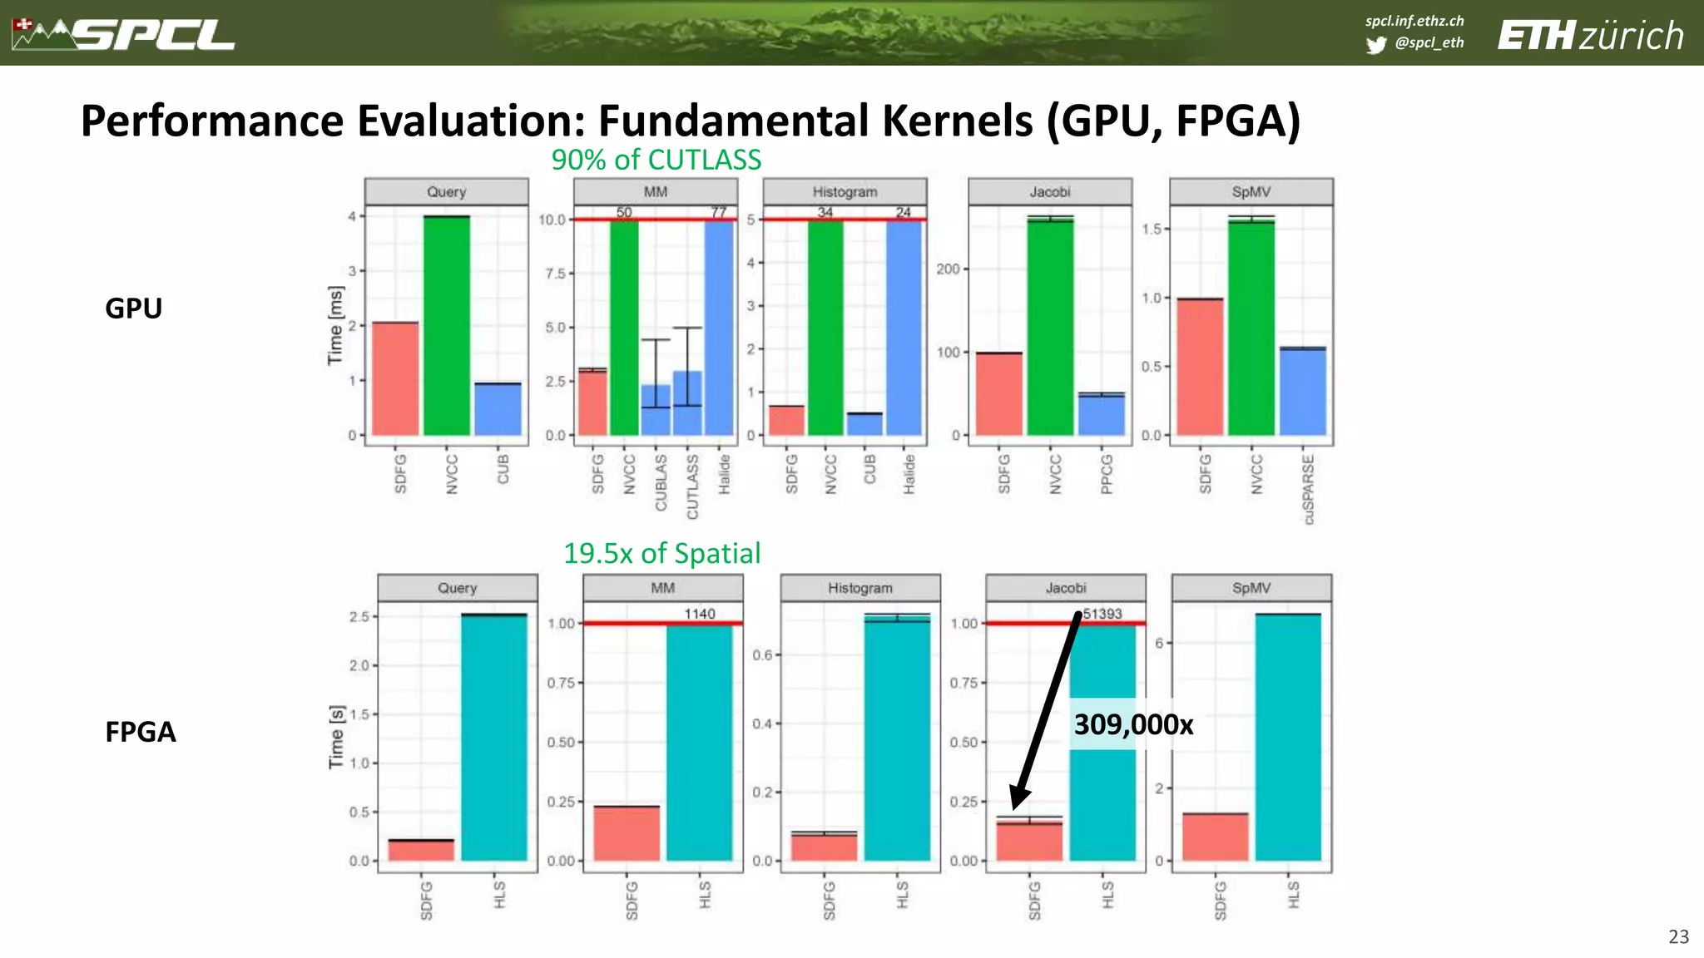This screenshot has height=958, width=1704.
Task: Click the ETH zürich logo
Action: (x=1590, y=36)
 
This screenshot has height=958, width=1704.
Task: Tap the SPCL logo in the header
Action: (x=125, y=34)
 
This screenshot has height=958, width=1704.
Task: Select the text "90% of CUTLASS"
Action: (x=656, y=160)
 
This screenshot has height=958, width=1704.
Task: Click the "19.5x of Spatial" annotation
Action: (x=661, y=553)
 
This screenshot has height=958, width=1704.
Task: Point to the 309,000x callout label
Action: (x=1132, y=724)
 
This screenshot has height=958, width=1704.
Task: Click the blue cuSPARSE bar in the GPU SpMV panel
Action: (x=1302, y=391)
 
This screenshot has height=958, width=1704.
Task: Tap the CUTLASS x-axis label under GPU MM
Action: (x=692, y=486)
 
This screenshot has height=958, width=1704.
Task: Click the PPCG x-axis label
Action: (x=1107, y=474)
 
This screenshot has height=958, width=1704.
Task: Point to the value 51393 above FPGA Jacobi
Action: (x=1102, y=614)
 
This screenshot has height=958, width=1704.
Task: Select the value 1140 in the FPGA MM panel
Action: (x=699, y=614)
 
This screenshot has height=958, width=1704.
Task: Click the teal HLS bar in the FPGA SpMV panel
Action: (x=1287, y=737)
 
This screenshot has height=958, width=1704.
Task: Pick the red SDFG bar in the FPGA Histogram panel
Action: (x=824, y=846)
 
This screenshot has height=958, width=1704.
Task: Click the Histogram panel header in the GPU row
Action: (x=845, y=192)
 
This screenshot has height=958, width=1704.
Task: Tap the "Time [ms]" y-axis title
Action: (x=334, y=325)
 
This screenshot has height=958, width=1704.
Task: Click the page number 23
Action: (x=1678, y=936)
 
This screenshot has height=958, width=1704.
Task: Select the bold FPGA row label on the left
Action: (x=140, y=732)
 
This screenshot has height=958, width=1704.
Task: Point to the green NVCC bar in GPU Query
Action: (x=447, y=325)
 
